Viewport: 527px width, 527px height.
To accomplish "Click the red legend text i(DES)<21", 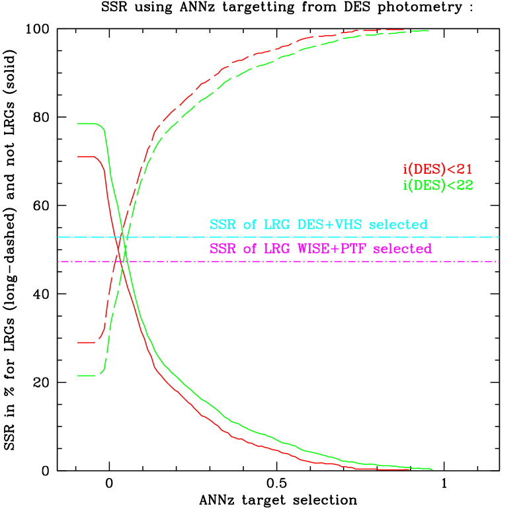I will [x=438, y=169].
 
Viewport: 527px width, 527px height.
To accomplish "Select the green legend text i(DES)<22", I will [x=438, y=186].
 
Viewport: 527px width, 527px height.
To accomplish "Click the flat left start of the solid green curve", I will [x=86, y=124].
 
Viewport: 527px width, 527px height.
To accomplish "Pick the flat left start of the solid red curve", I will [x=86, y=157].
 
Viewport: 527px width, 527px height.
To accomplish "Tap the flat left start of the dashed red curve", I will [x=86, y=343].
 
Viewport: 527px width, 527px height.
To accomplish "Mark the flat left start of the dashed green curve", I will [x=86, y=376].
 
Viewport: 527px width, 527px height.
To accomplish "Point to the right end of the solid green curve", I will [x=432, y=469].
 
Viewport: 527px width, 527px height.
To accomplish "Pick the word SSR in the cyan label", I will [x=223, y=225].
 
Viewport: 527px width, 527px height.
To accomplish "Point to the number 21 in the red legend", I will [x=464, y=169].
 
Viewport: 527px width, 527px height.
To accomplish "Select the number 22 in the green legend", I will [x=464, y=186].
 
